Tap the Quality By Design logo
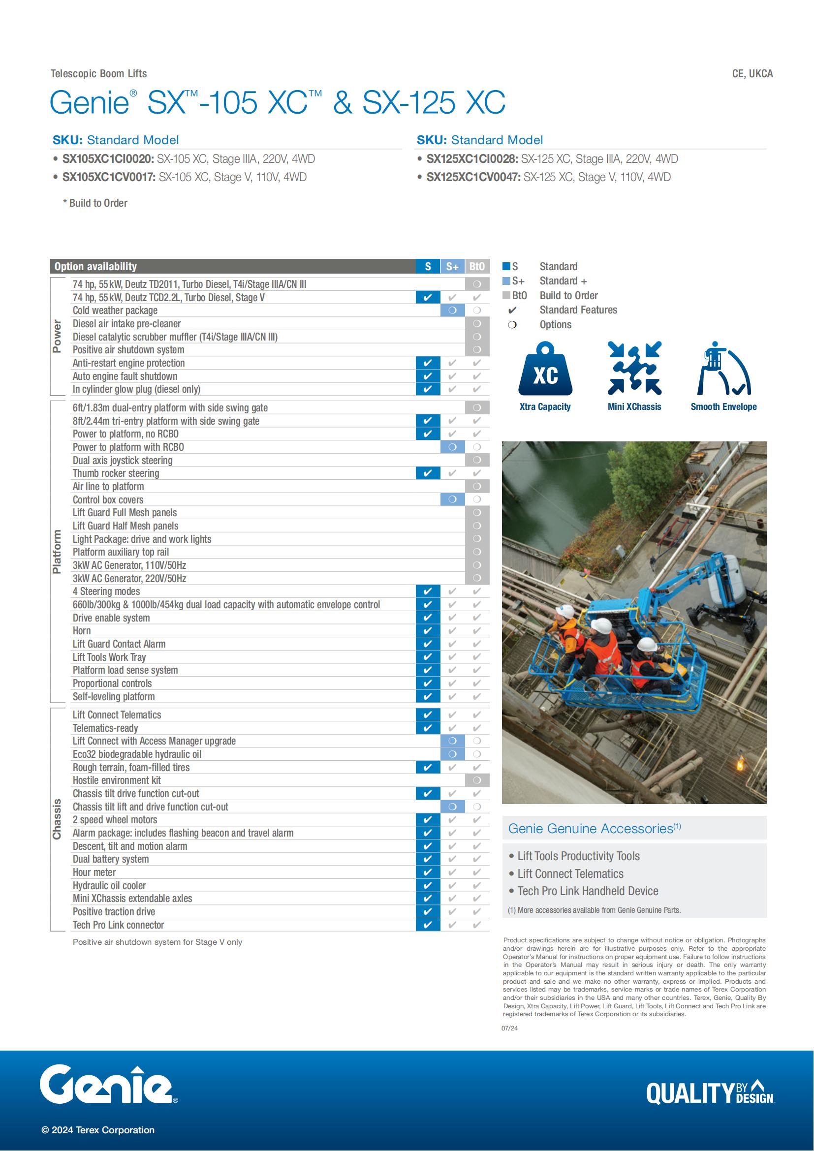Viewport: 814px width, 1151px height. [x=710, y=1092]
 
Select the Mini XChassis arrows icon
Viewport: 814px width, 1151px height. [x=634, y=369]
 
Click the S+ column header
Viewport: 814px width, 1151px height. [x=452, y=267]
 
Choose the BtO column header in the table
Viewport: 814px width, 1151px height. [x=477, y=267]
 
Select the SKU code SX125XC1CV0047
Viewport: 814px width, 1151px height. [x=473, y=177]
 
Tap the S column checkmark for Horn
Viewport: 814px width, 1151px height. [x=428, y=631]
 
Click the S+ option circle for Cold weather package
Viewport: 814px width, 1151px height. [x=452, y=311]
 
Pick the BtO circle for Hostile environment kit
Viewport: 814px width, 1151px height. [x=477, y=780]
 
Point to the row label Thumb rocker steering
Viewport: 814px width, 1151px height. [x=116, y=473]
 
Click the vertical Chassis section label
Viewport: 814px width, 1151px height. [x=57, y=819]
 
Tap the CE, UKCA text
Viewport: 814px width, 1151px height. [x=752, y=74]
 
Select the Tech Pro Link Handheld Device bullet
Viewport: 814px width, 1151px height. [x=588, y=891]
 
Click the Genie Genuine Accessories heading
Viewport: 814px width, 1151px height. [x=594, y=829]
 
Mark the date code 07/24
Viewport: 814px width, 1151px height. [x=509, y=1028]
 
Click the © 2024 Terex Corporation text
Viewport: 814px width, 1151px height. [x=98, y=1130]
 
